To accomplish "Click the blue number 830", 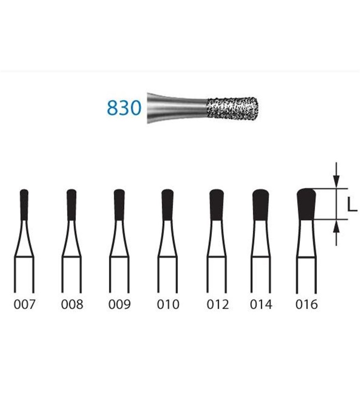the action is pyautogui.click(x=124, y=108).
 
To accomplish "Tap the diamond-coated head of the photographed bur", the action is pyautogui.click(x=233, y=109).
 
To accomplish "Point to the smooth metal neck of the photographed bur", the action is pyautogui.click(x=177, y=108).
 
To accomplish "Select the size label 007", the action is pyautogui.click(x=24, y=305).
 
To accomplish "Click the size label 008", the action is pyautogui.click(x=72, y=305).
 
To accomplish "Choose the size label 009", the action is pyautogui.click(x=119, y=305).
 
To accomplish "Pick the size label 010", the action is pyautogui.click(x=168, y=305).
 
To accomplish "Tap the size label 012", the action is pyautogui.click(x=217, y=305).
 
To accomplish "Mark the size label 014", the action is pyautogui.click(x=261, y=305).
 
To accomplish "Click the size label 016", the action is pyautogui.click(x=307, y=305).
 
